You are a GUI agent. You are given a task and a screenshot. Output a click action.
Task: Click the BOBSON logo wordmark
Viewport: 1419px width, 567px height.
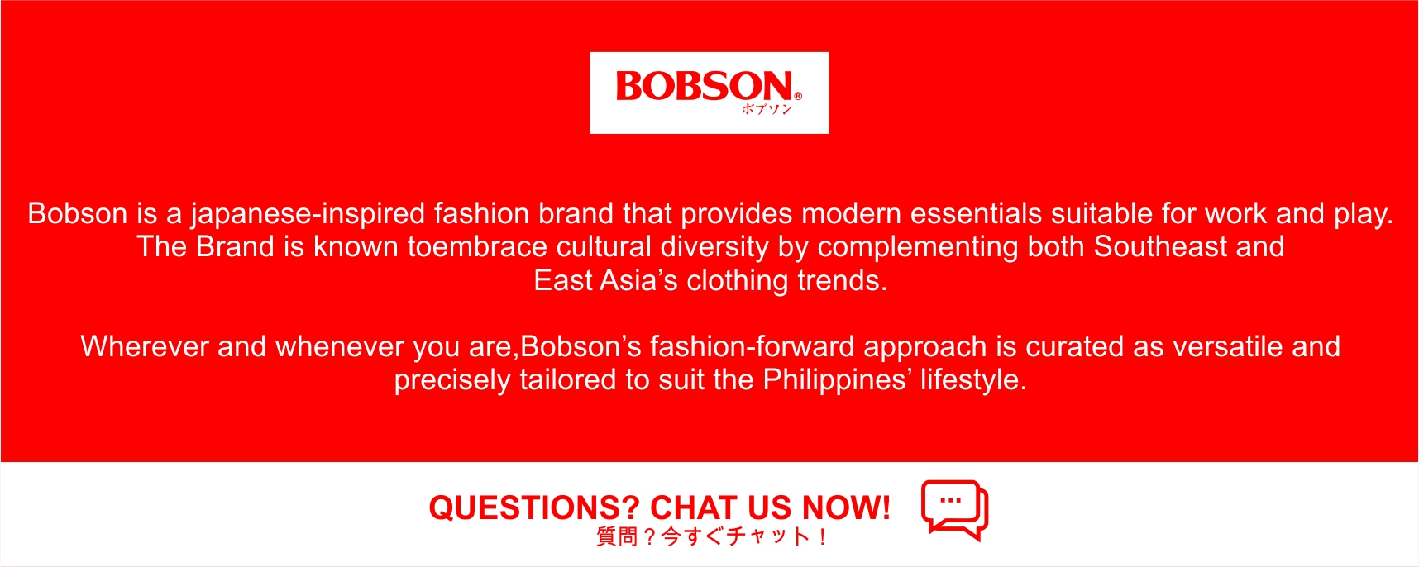coord(705,86)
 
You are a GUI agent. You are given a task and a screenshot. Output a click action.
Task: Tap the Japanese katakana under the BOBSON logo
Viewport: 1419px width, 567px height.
coord(767,109)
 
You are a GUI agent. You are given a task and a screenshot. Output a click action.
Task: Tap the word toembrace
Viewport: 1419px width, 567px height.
coord(477,246)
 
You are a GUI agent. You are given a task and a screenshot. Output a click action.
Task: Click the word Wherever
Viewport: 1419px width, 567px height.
coord(145,346)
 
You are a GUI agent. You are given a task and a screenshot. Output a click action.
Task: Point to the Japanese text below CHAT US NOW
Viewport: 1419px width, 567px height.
coord(711,536)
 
